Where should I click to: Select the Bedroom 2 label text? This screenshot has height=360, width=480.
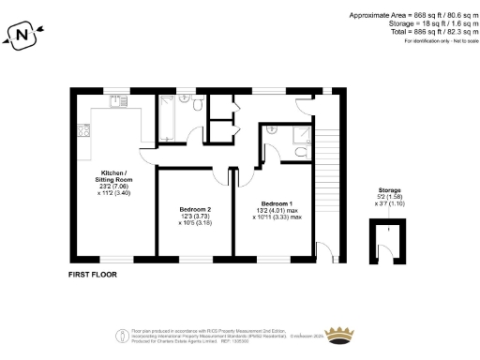(x=196, y=209)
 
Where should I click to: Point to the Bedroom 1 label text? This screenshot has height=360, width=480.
(x=277, y=203)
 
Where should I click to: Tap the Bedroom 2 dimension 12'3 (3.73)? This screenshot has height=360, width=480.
(x=196, y=217)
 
